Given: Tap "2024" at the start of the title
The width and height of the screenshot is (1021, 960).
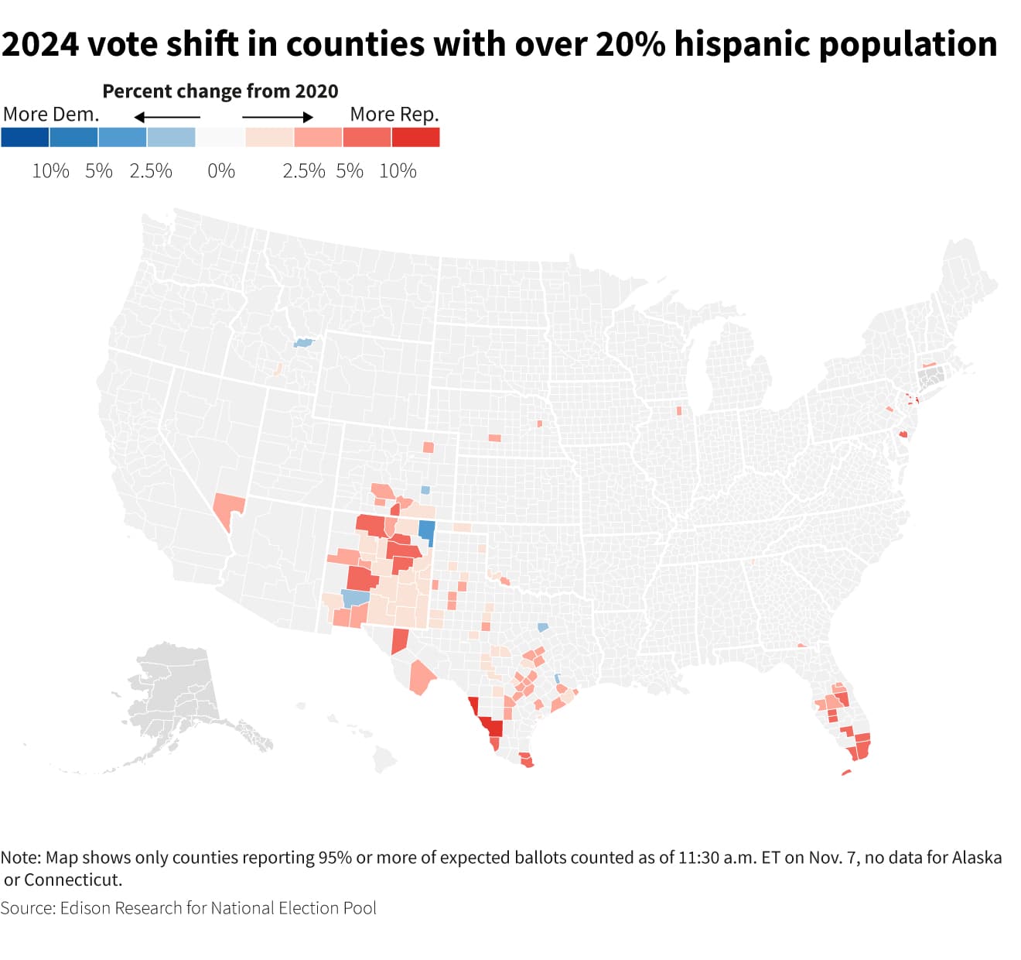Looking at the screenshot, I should (x=39, y=44).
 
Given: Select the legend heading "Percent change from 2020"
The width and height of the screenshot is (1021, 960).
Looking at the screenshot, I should (x=220, y=91).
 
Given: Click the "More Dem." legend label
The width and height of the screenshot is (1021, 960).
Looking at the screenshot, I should (x=51, y=115).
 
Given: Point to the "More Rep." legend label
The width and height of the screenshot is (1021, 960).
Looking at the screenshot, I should (x=394, y=115).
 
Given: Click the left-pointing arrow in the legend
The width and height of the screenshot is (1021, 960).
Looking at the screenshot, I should (x=167, y=117).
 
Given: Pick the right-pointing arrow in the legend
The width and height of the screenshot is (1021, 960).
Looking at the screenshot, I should (x=278, y=117).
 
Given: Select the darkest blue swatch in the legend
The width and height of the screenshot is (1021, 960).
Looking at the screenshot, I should (x=25, y=137).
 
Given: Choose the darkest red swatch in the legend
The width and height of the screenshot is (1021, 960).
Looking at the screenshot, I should (x=415, y=137).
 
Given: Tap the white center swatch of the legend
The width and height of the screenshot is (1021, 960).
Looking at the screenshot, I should (x=220, y=137).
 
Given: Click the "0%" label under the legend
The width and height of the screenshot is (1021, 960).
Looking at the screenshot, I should (x=221, y=171).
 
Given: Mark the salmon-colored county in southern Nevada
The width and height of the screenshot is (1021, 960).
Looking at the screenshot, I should (x=228, y=508).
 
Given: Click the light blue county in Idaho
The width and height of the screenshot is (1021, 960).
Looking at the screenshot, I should (x=303, y=342).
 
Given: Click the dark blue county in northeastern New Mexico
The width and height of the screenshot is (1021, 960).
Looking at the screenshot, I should (x=426, y=530).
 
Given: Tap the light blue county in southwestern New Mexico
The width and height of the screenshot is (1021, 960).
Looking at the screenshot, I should (x=355, y=598).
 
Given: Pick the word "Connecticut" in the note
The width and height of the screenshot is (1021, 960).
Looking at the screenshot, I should (x=73, y=879).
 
